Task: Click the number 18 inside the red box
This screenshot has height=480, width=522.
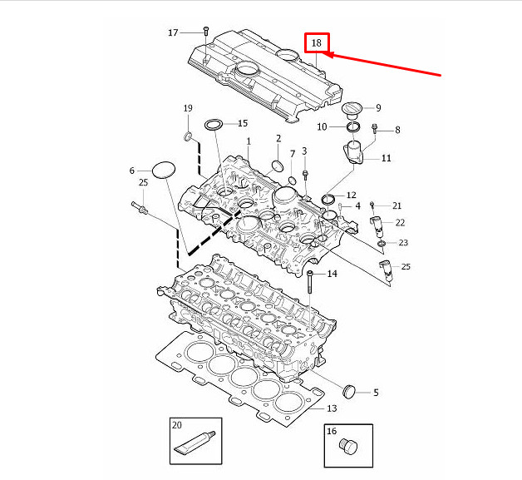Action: pyautogui.click(x=317, y=42)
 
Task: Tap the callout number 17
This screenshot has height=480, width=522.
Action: pyautogui.click(x=173, y=33)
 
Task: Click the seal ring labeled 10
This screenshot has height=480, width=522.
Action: pyautogui.click(x=352, y=126)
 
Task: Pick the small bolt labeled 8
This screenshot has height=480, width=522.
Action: pyautogui.click(x=375, y=129)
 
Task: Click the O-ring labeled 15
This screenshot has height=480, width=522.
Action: pyautogui.click(x=214, y=125)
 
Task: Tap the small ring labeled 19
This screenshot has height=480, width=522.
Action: pyautogui.click(x=189, y=136)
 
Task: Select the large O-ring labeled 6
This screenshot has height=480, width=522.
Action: pyautogui.click(x=165, y=171)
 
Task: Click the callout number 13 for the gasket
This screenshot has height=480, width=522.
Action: pyautogui.click(x=331, y=408)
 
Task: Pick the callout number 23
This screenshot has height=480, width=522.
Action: pyautogui.click(x=403, y=243)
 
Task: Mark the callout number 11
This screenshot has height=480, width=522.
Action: pyautogui.click(x=387, y=157)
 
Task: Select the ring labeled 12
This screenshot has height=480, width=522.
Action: pyautogui.click(x=327, y=198)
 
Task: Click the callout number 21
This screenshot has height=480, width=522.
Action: pyautogui.click(x=396, y=205)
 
